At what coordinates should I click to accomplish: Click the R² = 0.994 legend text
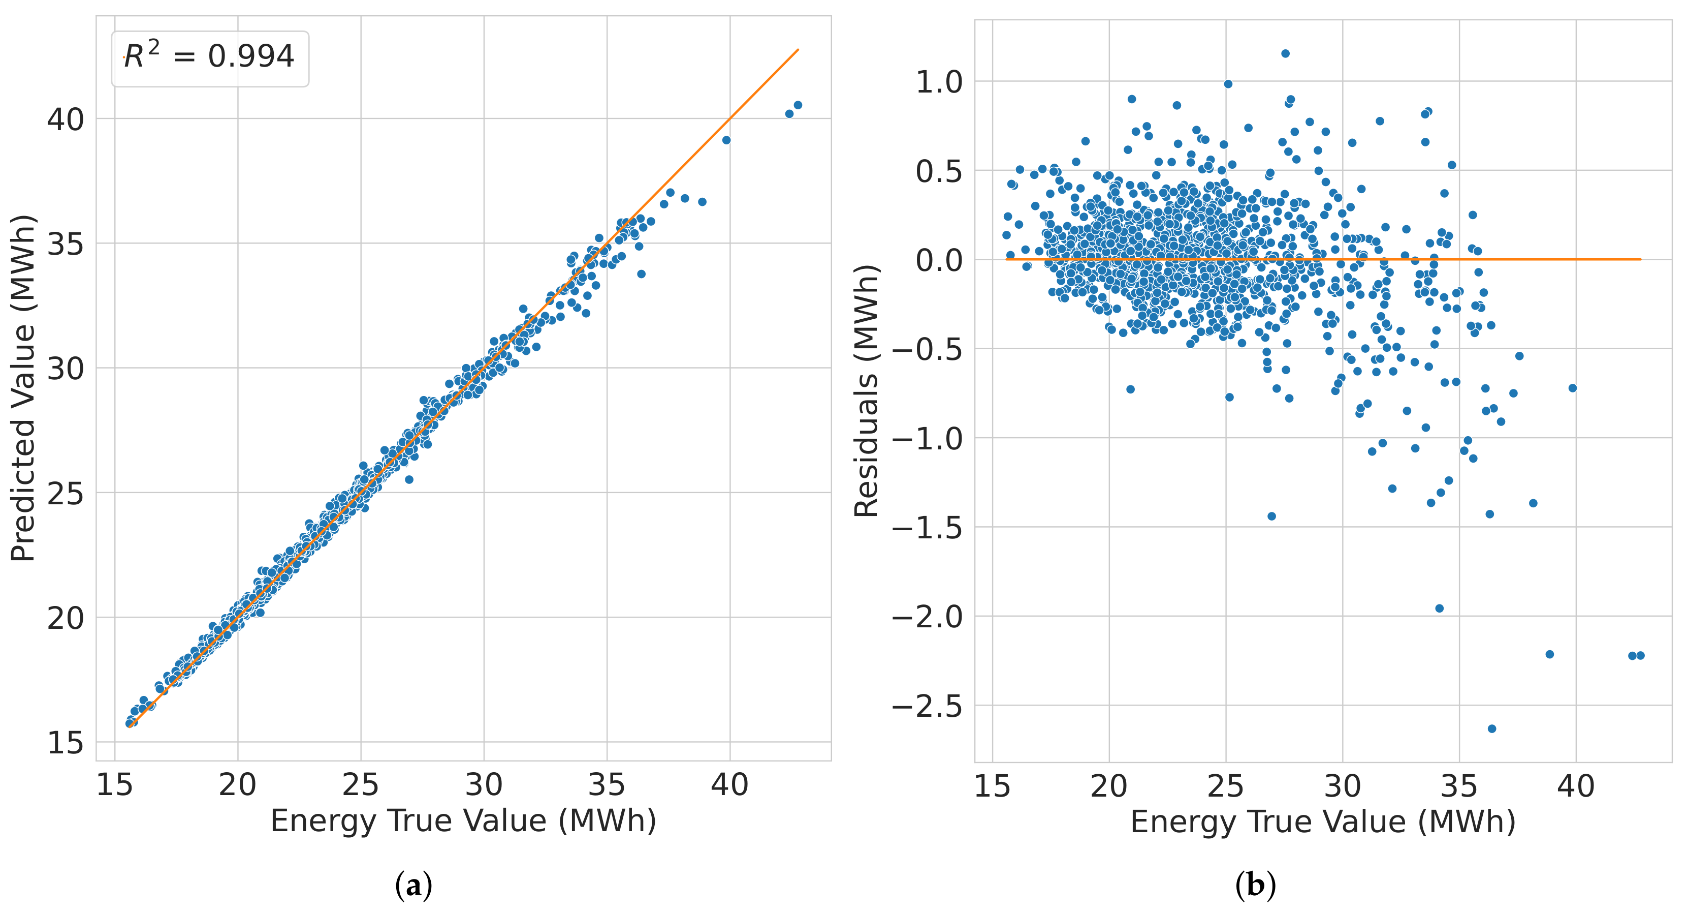tap(209, 57)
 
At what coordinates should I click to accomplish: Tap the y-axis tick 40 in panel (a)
tap(66, 119)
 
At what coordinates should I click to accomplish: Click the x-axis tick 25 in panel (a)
tap(360, 785)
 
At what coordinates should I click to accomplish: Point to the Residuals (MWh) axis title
tap(866, 391)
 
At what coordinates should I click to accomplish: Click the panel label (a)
tap(414, 886)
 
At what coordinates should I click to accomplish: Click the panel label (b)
tap(1255, 886)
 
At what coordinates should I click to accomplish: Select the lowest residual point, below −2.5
tap(1492, 728)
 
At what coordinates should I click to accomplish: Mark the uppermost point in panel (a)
tap(798, 105)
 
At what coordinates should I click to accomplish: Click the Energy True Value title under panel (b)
tap(1323, 822)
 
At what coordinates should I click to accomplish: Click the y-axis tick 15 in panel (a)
tap(66, 743)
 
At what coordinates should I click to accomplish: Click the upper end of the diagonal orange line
tap(798, 50)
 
